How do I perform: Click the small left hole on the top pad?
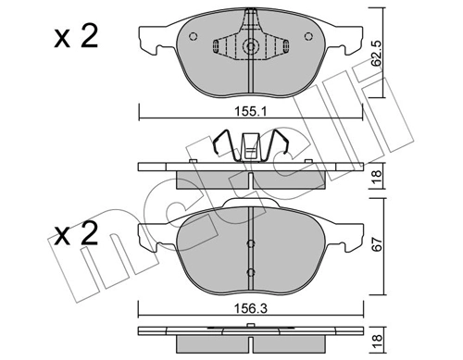tap(192, 38)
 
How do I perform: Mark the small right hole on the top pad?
tap(308, 38)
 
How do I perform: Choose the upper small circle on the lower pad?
tap(250, 243)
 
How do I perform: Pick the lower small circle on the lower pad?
tap(250, 272)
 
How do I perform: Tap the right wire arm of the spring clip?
tap(282, 147)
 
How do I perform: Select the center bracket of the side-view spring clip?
tap(250, 146)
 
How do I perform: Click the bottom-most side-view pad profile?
tap(250, 334)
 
